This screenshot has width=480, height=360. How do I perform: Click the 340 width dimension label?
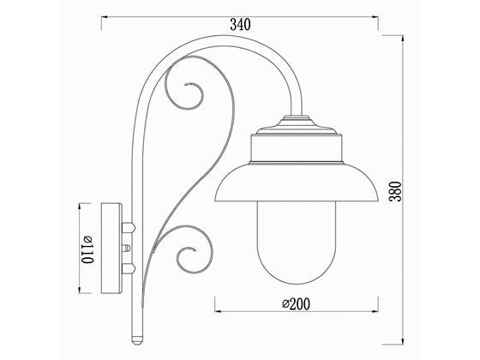240,25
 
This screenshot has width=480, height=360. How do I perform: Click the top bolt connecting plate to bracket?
130,228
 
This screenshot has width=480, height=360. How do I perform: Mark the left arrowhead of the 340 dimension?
105,15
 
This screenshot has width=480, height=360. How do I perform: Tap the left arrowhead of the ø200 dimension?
216,311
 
